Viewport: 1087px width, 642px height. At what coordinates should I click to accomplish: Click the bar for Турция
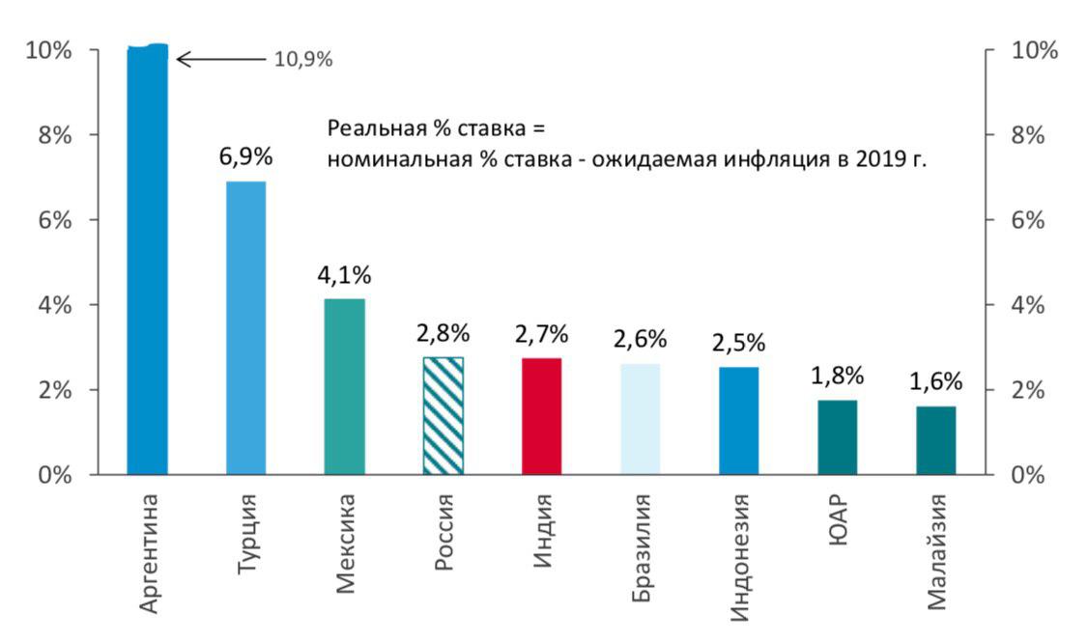pyautogui.click(x=245, y=328)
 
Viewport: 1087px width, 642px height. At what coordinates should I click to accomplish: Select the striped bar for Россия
pyautogui.click(x=443, y=416)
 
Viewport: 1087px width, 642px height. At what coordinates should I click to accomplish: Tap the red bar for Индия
pyautogui.click(x=541, y=416)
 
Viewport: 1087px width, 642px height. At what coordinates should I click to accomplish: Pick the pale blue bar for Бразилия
pyautogui.click(x=640, y=419)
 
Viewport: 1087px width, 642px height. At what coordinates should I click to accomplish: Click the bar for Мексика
pyautogui.click(x=344, y=387)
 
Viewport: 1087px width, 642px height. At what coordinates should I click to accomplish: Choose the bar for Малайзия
pyautogui.click(x=935, y=440)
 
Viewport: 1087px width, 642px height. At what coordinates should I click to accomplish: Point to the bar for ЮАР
pyautogui.click(x=837, y=437)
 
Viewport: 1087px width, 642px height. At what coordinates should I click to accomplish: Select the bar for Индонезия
pyautogui.click(x=738, y=421)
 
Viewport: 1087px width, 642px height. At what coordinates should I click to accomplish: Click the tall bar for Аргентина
pyautogui.click(x=147, y=261)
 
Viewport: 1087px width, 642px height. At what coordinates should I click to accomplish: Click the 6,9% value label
pyautogui.click(x=245, y=157)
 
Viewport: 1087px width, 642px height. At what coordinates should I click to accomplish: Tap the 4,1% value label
pyautogui.click(x=344, y=275)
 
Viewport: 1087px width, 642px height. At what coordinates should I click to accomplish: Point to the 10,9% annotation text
pyautogui.click(x=303, y=60)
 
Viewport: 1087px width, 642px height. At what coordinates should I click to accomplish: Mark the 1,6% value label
pyautogui.click(x=935, y=382)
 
